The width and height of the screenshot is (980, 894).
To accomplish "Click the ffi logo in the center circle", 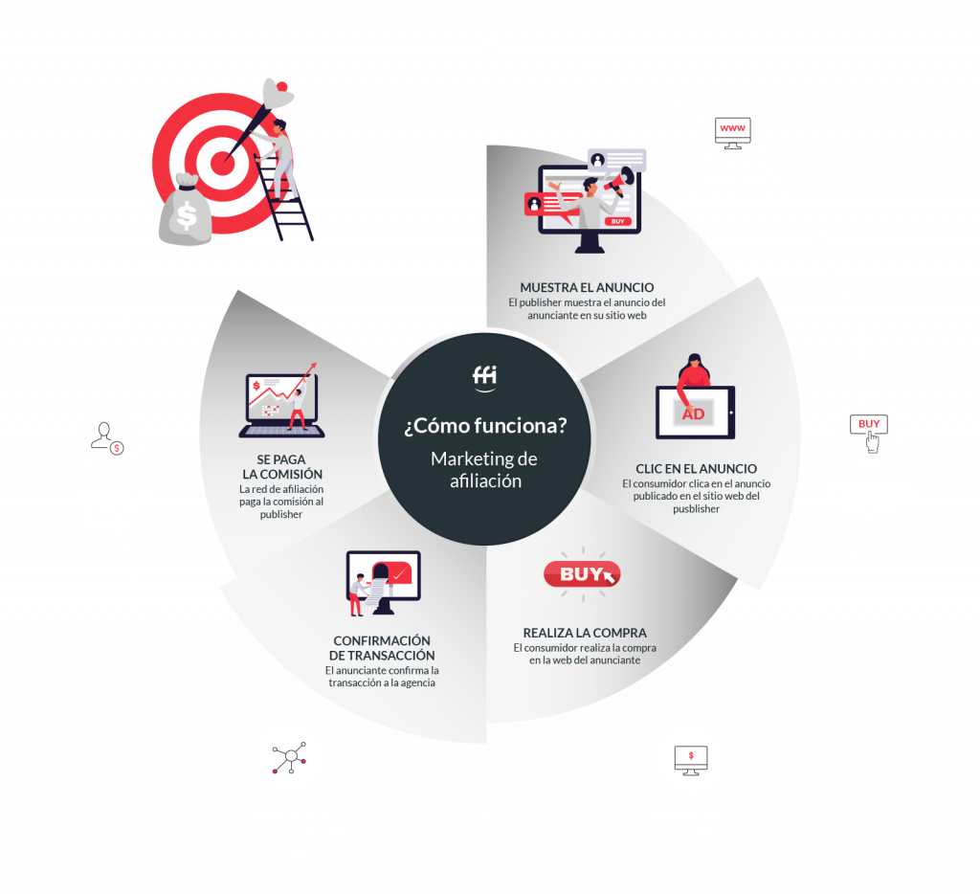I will click(485, 377).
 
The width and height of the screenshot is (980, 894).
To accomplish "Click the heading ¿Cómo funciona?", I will click(485, 425).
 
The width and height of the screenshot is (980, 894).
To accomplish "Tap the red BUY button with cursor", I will click(582, 574).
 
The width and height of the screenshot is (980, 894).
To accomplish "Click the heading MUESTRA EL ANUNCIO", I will click(587, 287).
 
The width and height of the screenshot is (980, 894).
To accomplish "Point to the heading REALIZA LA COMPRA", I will click(584, 633).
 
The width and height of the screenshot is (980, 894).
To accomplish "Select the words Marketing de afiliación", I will click(485, 470).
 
